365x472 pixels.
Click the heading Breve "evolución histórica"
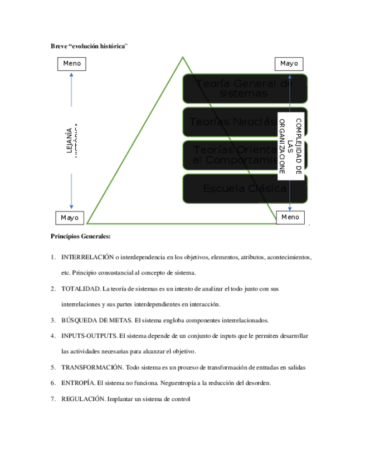[x=89, y=45]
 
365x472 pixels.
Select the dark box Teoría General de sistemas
[x=244, y=88]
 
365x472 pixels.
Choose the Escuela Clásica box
[x=244, y=189]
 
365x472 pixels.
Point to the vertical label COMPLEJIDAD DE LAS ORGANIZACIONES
[x=290, y=146]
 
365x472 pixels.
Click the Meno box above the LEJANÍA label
[x=72, y=63]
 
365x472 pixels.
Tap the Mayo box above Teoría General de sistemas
[x=289, y=63]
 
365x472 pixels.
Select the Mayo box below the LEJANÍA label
[x=70, y=217]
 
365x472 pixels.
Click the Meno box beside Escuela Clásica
[x=290, y=217]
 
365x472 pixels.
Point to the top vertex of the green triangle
[x=183, y=57]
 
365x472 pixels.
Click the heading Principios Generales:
[x=81, y=236]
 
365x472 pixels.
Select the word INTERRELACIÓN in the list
[x=87, y=257]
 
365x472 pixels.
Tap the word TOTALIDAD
[x=80, y=289]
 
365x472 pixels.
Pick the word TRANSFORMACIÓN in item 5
[x=92, y=367]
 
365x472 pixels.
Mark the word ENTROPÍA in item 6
[x=78, y=383]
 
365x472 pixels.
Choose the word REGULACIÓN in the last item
[x=83, y=399]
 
